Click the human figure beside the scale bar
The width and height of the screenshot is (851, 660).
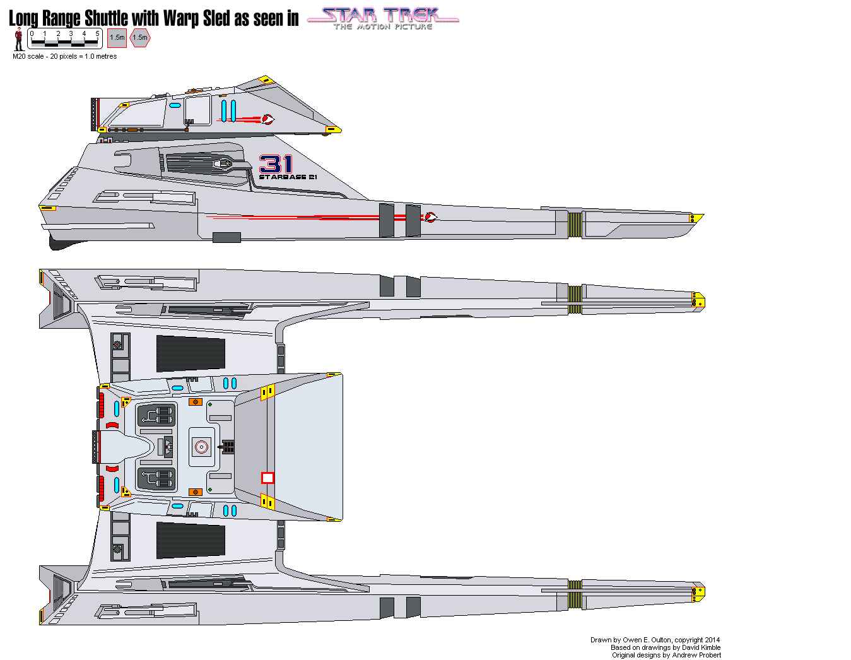point(18,38)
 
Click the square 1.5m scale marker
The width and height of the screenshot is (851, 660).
point(117,38)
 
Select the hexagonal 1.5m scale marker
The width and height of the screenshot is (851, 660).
point(140,38)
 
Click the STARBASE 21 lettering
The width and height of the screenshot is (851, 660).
point(288,177)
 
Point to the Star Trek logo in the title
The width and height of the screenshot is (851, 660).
point(383,18)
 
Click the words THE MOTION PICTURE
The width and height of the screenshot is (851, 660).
point(383,27)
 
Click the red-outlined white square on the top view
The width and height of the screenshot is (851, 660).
point(267,478)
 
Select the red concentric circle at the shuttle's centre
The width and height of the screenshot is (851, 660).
point(201,447)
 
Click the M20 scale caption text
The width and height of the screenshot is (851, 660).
point(64,56)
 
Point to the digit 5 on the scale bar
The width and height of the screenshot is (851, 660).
point(97,33)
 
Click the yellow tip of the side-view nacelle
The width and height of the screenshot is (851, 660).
point(696,218)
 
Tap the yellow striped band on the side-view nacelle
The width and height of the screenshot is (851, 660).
point(575,225)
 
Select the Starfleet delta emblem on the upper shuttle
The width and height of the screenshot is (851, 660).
point(268,119)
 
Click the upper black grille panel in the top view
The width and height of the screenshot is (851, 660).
point(191,353)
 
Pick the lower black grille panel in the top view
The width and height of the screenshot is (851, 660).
point(191,541)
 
